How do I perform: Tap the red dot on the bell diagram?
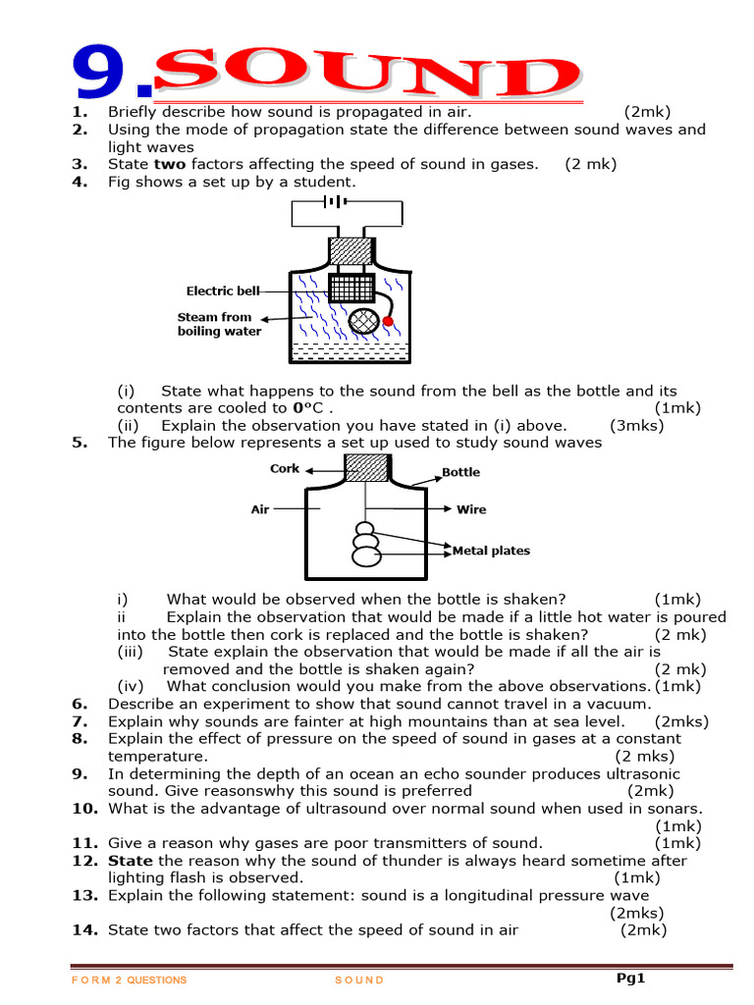pyautogui.click(x=388, y=321)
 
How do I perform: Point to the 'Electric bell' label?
pyautogui.click(x=224, y=291)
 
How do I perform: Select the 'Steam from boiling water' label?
pyautogui.click(x=219, y=324)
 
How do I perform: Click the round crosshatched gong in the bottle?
pyautogui.click(x=365, y=322)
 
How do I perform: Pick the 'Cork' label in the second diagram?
pyautogui.click(x=285, y=469)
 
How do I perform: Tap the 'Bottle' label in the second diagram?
pyautogui.click(x=460, y=472)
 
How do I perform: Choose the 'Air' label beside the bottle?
pyautogui.click(x=260, y=509)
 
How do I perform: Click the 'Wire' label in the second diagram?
pyautogui.click(x=471, y=509)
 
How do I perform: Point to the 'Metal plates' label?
pyautogui.click(x=491, y=551)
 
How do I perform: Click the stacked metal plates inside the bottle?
pyautogui.click(x=365, y=544)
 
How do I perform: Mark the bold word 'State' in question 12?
pyautogui.click(x=131, y=861)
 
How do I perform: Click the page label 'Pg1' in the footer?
pyautogui.click(x=630, y=978)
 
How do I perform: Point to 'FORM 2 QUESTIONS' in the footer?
pyautogui.click(x=130, y=980)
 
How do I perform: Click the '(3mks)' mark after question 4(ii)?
pyautogui.click(x=637, y=425)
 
